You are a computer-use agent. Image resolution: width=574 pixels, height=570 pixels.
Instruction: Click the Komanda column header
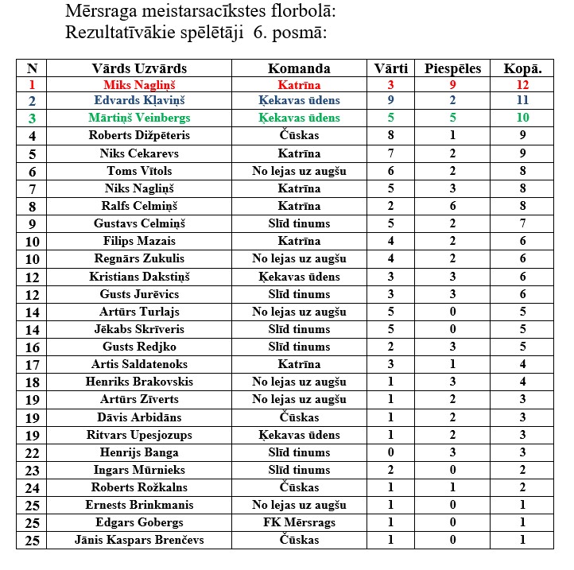299,68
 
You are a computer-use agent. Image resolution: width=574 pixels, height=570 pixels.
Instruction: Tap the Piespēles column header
453,68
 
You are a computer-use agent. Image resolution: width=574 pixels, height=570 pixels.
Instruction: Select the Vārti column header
391,68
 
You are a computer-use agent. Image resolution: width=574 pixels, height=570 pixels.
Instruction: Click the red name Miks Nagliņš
139,83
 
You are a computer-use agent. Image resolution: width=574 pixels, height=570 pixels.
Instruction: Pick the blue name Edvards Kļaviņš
139,101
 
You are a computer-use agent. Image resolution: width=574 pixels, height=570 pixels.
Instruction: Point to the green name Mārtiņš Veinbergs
139,118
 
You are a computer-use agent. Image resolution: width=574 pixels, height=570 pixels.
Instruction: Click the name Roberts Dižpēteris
139,136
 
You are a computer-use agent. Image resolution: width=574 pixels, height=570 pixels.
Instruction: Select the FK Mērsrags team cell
299,522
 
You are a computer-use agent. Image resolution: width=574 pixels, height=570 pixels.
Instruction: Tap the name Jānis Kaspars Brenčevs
139,540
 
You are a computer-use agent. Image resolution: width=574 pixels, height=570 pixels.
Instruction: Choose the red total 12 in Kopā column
522,83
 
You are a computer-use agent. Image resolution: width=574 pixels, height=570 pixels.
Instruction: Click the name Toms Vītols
139,171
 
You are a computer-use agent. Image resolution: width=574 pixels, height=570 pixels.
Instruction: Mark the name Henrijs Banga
139,452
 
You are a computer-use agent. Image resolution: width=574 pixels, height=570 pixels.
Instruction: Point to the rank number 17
32,364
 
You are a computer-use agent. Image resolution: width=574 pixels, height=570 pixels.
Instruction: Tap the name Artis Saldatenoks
139,364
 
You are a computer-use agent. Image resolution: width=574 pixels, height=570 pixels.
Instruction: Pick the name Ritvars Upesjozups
139,435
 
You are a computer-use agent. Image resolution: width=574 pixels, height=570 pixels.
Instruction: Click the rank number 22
32,452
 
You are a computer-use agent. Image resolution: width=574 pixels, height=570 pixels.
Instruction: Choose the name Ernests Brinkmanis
139,505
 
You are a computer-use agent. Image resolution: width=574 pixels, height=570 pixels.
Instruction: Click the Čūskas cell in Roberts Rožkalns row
299,487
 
